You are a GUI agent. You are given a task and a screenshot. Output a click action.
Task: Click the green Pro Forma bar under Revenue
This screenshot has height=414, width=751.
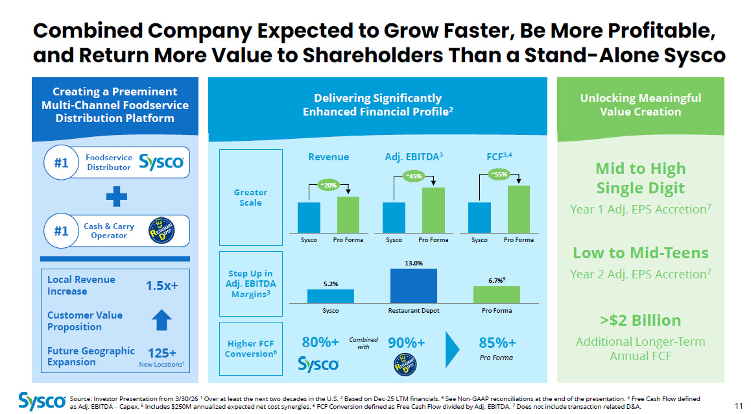[348, 215]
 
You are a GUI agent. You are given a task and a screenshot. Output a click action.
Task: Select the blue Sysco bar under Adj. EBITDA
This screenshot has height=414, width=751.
[394, 217]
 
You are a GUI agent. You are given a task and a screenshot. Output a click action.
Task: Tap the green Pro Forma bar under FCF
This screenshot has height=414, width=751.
[519, 210]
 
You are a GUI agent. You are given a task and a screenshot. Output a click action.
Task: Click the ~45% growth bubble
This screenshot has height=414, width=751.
[413, 176]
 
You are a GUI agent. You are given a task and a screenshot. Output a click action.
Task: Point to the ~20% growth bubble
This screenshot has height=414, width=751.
[329, 185]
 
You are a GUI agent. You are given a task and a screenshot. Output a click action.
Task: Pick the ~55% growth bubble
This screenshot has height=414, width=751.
[499, 175]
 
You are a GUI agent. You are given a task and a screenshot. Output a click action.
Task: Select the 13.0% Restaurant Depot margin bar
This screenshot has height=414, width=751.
[413, 286]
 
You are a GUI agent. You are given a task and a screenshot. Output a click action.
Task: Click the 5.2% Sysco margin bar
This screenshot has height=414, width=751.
[331, 296]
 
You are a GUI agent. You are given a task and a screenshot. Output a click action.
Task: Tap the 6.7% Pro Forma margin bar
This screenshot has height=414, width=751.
[497, 295]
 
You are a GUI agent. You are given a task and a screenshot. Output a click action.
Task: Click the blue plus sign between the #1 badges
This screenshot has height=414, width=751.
[116, 196]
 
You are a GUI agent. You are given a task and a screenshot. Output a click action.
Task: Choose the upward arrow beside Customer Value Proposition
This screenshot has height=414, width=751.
[161, 320]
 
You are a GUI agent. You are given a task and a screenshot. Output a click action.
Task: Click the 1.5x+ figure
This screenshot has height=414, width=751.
[162, 286]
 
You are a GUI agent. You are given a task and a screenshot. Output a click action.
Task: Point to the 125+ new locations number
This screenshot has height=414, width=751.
[162, 353]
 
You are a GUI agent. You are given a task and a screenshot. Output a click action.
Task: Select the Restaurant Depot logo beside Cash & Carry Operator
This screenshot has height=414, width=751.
[161, 230]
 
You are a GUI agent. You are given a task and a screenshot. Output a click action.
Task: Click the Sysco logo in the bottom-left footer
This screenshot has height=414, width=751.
[42, 401]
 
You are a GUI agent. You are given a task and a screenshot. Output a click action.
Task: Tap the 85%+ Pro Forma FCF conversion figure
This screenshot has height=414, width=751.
[497, 343]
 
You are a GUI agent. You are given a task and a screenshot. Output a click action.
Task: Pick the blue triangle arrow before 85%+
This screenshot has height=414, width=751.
[452, 349]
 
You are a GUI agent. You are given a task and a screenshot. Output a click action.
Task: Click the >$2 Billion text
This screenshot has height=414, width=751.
[640, 320]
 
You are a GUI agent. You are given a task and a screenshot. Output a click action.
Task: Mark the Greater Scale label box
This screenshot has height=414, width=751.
[250, 197]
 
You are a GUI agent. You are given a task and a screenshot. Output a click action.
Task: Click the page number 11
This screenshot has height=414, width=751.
[739, 406]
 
